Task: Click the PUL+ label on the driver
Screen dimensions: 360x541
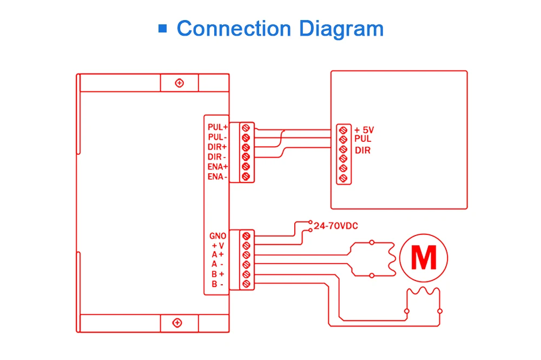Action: pyautogui.click(x=217, y=127)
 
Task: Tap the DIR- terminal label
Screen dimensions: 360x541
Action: pyautogui.click(x=217, y=157)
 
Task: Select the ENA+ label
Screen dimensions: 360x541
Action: pyautogui.click(x=217, y=167)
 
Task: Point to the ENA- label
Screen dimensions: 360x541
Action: pyautogui.click(x=217, y=176)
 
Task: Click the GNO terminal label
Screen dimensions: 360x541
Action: pyautogui.click(x=218, y=236)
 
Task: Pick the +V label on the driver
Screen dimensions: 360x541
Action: pyautogui.click(x=218, y=245)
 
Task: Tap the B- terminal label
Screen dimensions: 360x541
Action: pyautogui.click(x=218, y=284)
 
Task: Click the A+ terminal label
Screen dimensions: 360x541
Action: pyautogui.click(x=218, y=254)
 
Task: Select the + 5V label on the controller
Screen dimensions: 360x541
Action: pyautogui.click(x=364, y=130)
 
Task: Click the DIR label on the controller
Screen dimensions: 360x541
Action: pyautogui.click(x=363, y=150)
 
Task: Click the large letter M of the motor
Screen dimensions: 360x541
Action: pyautogui.click(x=424, y=258)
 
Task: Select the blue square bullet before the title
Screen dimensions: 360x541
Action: pyautogui.click(x=162, y=28)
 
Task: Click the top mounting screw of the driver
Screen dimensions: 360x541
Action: pyautogui.click(x=180, y=83)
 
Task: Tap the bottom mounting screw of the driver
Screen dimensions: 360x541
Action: pyautogui.click(x=177, y=323)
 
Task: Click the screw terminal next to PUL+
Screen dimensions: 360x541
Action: pyautogui.click(x=246, y=128)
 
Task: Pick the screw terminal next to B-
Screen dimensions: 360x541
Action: pyautogui.click(x=246, y=284)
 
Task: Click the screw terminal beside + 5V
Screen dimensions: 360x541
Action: pyautogui.click(x=343, y=130)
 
